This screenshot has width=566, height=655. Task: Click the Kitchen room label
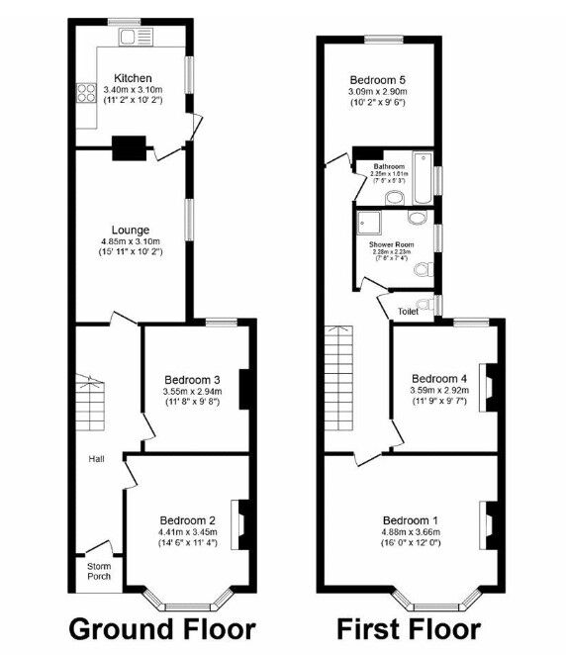[133, 77]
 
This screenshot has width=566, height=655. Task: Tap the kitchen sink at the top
[133, 38]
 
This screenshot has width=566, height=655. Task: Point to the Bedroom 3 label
[192, 380]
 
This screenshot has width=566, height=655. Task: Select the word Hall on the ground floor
[97, 459]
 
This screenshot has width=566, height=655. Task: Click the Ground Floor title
[161, 629]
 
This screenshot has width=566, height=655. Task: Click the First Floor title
[409, 629]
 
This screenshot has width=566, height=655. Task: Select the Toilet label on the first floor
[408, 310]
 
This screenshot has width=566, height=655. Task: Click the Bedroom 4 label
[439, 378]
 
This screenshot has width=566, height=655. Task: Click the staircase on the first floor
[338, 381]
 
